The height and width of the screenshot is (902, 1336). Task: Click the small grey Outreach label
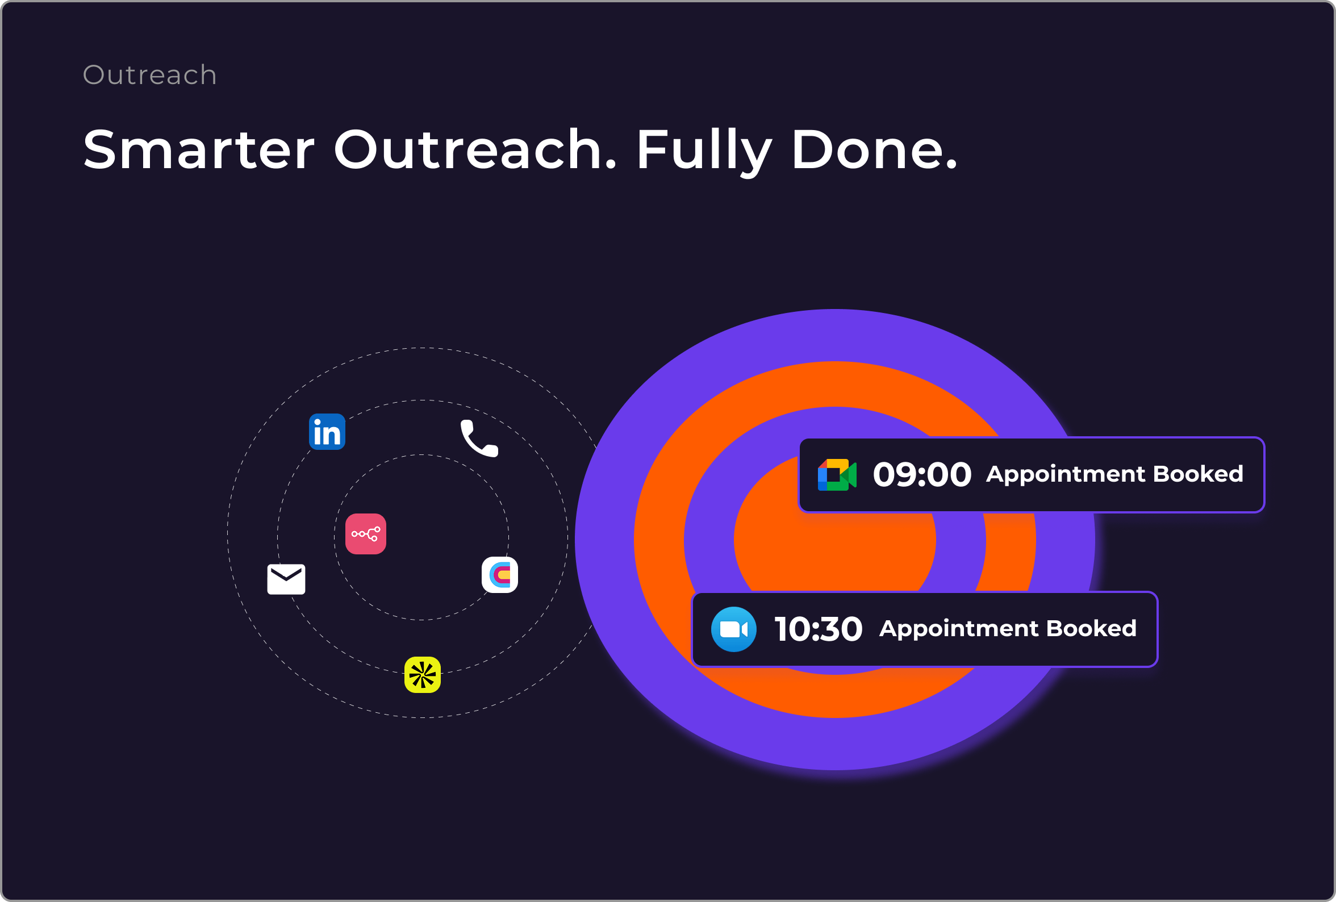click(149, 75)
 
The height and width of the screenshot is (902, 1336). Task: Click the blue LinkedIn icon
click(327, 432)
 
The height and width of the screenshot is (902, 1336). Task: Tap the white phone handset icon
click(479, 438)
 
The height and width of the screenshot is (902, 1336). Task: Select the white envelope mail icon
click(286, 579)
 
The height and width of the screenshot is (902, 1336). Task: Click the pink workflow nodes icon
click(366, 534)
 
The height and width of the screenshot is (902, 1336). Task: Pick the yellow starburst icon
click(423, 675)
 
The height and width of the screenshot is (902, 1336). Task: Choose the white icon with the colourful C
click(499, 575)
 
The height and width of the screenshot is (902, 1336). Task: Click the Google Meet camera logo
click(837, 475)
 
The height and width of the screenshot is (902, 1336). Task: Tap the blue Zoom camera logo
click(733, 629)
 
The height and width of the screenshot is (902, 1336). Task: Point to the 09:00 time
click(922, 475)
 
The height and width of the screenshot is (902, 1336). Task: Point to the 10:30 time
click(819, 629)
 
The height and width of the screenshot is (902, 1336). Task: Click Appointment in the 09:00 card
click(1066, 475)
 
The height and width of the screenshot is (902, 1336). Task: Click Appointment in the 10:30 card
click(959, 629)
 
